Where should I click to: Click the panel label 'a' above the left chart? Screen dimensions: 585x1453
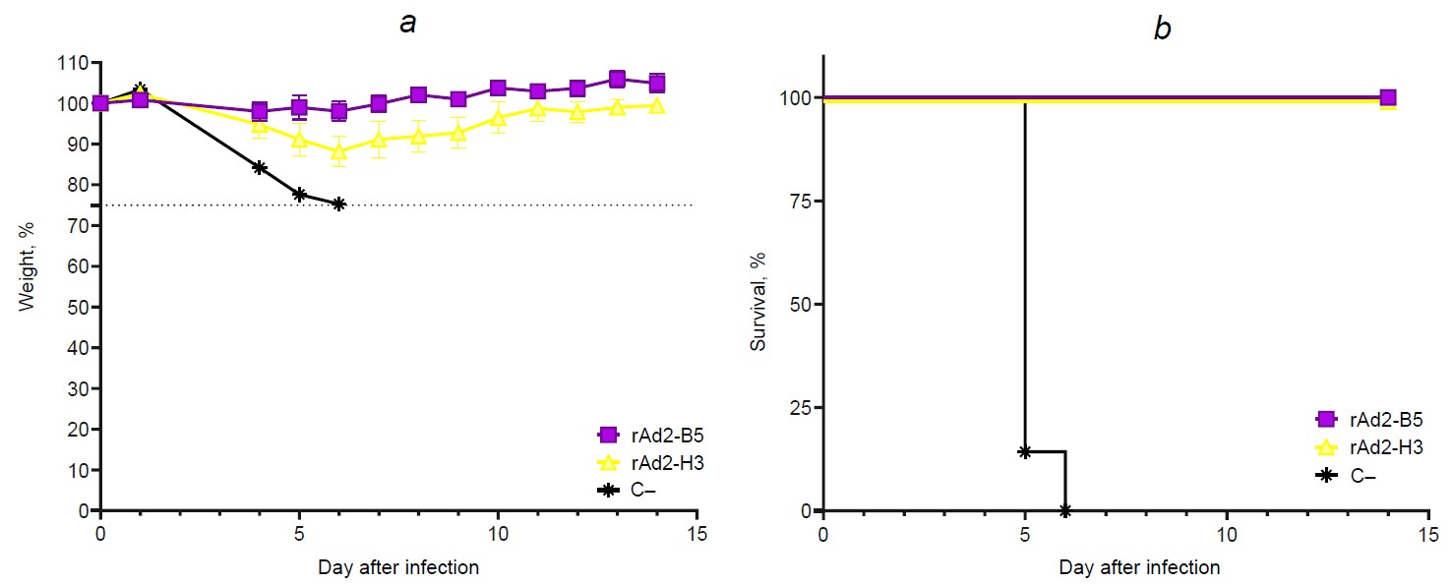407,24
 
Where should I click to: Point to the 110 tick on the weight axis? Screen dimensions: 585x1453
73,63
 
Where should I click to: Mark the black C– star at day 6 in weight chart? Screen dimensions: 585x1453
339,204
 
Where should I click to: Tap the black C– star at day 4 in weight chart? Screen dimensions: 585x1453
260,167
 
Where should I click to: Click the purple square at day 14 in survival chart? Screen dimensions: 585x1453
1388,97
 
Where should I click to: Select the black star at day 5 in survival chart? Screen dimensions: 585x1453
1025,451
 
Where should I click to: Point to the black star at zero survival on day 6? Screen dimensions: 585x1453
1065,510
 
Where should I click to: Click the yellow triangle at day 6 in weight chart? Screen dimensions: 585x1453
339,151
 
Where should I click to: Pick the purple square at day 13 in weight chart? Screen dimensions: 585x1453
617,80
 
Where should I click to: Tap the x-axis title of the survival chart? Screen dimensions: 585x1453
1139,567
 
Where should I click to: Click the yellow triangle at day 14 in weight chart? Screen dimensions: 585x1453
657,105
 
